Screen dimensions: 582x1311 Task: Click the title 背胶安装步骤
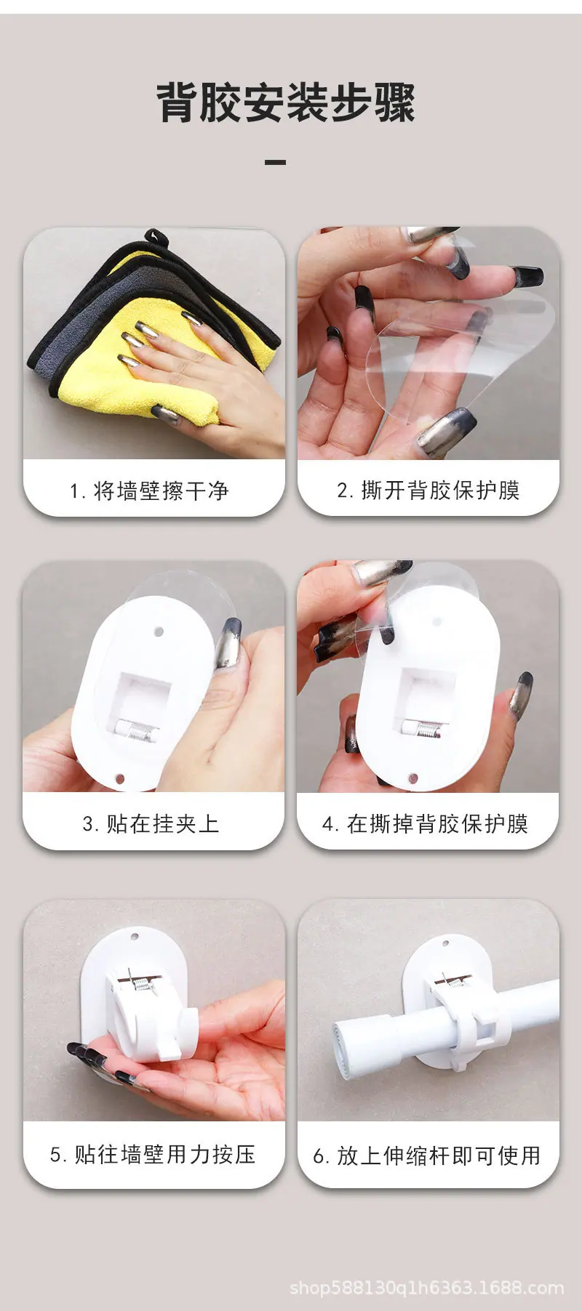(x=286, y=103)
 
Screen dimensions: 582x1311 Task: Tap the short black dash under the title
(x=275, y=162)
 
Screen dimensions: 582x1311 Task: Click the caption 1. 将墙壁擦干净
(x=149, y=491)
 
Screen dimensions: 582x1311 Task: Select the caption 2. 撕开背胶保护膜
(x=428, y=491)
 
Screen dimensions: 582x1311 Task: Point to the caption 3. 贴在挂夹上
(x=151, y=823)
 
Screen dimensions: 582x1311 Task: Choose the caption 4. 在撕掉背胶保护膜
(x=425, y=823)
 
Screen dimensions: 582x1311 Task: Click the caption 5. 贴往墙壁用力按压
(x=153, y=1154)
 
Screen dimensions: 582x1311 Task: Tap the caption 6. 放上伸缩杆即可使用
(x=427, y=1155)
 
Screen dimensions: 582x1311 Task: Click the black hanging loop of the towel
(x=156, y=240)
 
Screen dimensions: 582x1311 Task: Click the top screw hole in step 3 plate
(x=160, y=632)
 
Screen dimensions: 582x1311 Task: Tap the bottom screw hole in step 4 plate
(x=413, y=778)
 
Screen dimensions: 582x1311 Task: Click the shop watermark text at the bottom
(x=427, y=1288)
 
